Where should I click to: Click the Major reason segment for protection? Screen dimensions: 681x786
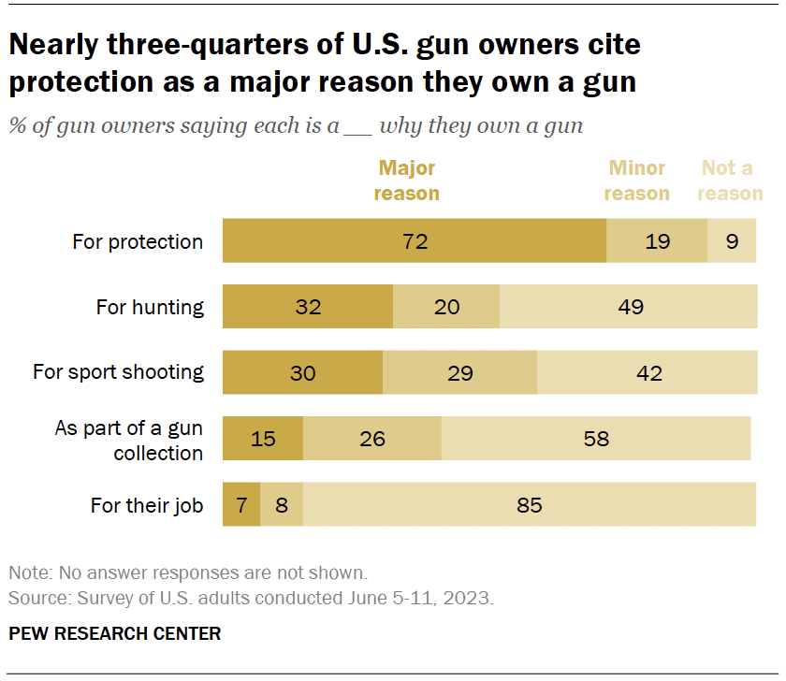tap(415, 241)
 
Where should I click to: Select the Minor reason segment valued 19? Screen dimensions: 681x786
tap(657, 241)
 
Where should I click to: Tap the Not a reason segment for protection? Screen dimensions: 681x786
tap(732, 241)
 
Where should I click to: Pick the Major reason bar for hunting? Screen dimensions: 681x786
tap(308, 306)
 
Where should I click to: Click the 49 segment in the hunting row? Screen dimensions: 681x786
tap(629, 306)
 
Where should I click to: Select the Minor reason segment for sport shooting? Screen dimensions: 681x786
tap(459, 372)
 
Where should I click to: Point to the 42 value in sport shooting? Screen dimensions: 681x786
tap(648, 372)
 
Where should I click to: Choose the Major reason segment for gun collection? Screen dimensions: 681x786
tap(263, 438)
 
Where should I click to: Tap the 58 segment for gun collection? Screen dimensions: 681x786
tap(596, 438)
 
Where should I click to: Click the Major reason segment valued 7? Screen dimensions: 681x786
tap(240, 505)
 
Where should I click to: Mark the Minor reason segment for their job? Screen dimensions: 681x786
tap(282, 505)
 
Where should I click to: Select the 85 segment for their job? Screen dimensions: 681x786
tap(530, 505)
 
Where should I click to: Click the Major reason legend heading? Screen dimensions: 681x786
tap(407, 181)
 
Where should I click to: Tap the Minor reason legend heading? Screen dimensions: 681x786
tap(636, 181)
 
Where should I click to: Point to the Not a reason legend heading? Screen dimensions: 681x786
tap(730, 181)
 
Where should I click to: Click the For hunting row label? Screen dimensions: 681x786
tap(150, 307)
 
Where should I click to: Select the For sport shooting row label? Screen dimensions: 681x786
tap(118, 372)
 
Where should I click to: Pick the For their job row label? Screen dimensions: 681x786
tap(147, 505)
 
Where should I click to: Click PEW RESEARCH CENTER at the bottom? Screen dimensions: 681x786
tap(115, 633)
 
